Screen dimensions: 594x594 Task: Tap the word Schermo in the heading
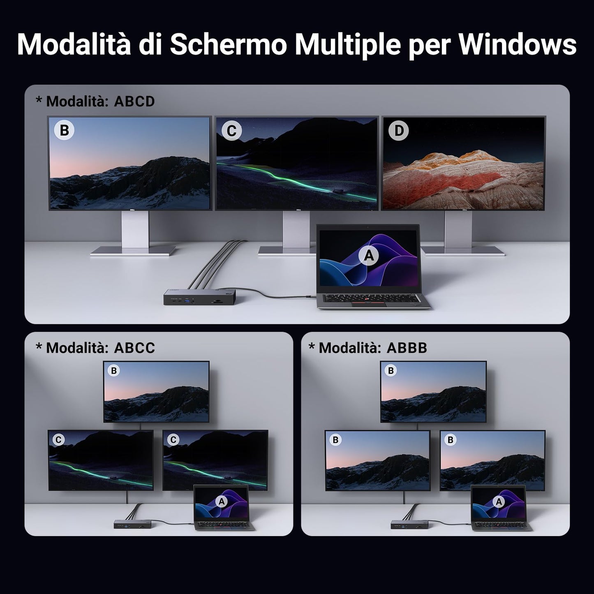(229, 44)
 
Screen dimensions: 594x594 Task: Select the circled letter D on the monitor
(398, 130)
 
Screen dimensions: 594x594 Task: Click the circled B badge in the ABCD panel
(64, 130)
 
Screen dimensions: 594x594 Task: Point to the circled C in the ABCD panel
(231, 131)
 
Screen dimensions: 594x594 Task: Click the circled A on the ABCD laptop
(369, 256)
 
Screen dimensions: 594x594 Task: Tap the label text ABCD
(134, 102)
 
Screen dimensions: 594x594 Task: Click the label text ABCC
(134, 348)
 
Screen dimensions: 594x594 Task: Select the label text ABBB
(407, 348)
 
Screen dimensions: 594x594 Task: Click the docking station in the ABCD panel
(200, 296)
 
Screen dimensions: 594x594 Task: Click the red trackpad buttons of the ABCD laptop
(369, 304)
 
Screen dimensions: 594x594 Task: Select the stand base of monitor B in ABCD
(133, 250)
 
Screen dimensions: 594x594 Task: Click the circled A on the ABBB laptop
(499, 502)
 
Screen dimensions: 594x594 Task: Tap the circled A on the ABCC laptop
(222, 502)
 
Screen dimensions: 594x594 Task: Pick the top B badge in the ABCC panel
(114, 370)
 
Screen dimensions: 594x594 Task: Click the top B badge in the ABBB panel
(391, 370)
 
